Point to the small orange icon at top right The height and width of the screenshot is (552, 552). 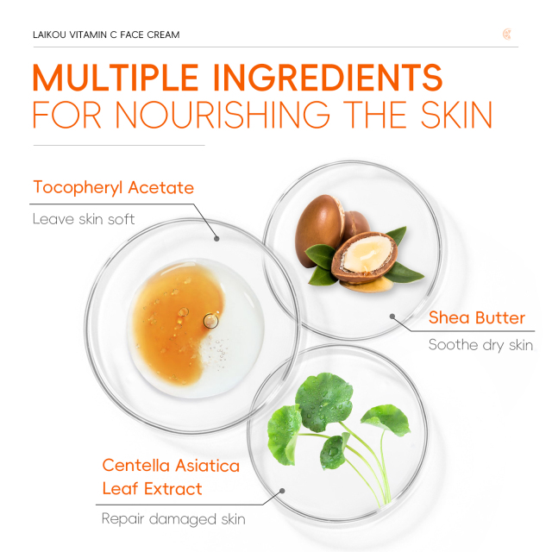tap(507, 34)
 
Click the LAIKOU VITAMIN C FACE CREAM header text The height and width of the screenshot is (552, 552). tap(106, 35)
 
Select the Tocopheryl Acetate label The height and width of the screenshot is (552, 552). tap(113, 187)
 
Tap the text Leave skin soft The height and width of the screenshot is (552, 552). tap(84, 219)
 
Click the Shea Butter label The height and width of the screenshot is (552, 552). tap(476, 317)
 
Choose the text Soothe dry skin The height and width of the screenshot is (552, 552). tap(480, 346)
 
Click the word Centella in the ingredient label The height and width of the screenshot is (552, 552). tap(137, 465)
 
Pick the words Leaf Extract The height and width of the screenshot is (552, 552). tap(152, 489)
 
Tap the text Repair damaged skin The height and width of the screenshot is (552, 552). tap(173, 519)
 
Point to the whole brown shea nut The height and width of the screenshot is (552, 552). tap(320, 225)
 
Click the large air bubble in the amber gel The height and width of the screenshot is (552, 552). tap(210, 321)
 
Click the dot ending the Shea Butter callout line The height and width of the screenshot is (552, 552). tap(392, 315)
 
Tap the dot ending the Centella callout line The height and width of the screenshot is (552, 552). tap(280, 492)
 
